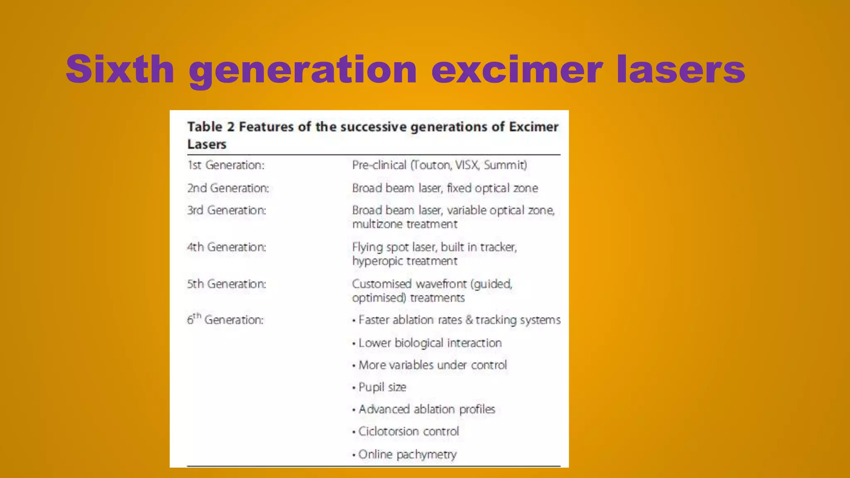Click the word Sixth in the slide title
click(120, 69)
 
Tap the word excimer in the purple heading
click(517, 69)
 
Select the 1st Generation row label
click(226, 165)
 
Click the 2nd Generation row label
click(228, 188)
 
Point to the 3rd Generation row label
click(226, 210)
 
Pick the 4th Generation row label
click(226, 247)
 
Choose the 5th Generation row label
click(226, 284)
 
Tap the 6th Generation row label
click(225, 319)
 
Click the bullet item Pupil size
click(382, 387)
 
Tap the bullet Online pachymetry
click(407, 454)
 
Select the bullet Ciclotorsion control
click(408, 432)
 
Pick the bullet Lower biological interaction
click(430, 343)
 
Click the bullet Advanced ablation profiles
click(427, 410)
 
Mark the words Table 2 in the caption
click(211, 127)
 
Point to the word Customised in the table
click(382, 284)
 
